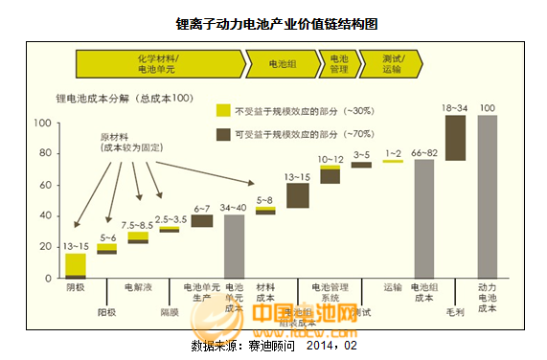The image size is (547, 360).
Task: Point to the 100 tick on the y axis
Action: point(42,124)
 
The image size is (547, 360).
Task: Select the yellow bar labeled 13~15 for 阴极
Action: point(76,264)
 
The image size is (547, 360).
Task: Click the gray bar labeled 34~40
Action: point(234,246)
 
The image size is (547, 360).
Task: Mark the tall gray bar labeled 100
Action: point(487,196)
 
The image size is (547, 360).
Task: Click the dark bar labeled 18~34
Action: point(455,138)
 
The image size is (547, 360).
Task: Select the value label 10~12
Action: point(330,159)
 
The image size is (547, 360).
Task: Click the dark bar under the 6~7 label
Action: point(202,220)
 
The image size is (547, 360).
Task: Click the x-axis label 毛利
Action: point(455,311)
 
